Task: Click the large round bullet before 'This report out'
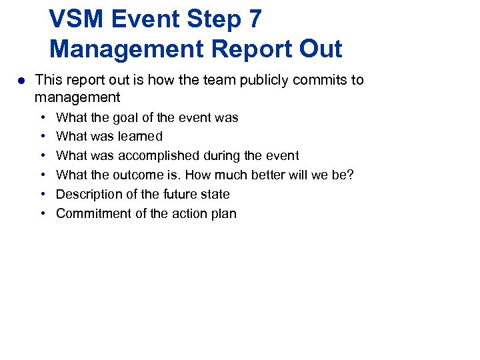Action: point(21,81)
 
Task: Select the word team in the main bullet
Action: point(202,80)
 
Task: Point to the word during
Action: point(229,156)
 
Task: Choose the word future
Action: point(180,195)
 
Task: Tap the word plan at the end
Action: point(224,214)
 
